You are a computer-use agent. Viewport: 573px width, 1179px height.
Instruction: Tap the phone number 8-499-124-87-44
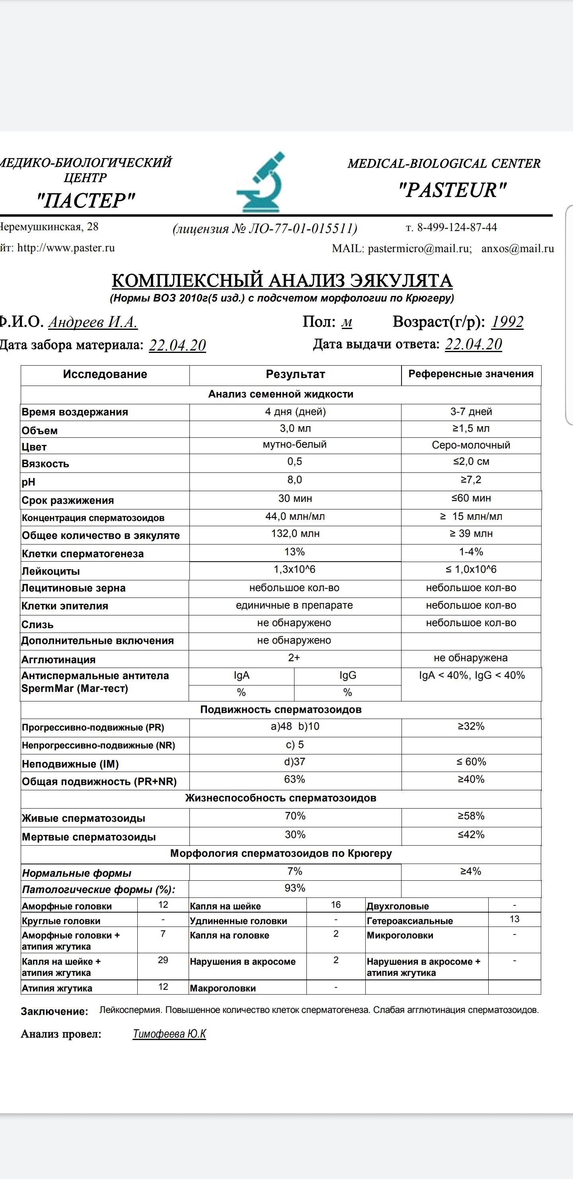[x=456, y=227]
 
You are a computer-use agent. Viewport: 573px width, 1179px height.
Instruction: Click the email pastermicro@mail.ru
[x=419, y=249]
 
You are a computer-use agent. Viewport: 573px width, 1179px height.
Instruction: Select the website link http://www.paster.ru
[x=66, y=248]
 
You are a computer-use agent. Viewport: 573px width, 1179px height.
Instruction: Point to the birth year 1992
[x=507, y=322]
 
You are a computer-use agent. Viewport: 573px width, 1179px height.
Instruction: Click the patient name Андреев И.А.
[x=93, y=322]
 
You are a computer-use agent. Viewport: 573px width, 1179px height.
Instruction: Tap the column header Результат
[x=295, y=374]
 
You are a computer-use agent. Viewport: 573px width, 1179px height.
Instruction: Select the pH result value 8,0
[x=294, y=480]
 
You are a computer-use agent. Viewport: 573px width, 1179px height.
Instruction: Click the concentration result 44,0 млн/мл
[x=295, y=516]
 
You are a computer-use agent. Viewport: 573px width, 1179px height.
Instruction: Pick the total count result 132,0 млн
[x=295, y=534]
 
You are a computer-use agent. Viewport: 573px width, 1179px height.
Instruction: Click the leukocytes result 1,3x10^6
[x=294, y=569]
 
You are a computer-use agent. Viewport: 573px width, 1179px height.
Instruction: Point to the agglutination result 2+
[x=294, y=658]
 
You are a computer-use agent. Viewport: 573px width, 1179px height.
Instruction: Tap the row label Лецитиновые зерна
[x=73, y=588]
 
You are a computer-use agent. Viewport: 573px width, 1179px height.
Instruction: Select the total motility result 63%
[x=294, y=779]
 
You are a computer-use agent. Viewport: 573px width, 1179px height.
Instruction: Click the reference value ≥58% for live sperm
[x=471, y=816]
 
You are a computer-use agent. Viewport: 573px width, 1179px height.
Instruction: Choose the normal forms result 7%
[x=294, y=871]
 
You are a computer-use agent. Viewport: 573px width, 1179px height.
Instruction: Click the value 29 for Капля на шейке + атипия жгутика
[x=163, y=960]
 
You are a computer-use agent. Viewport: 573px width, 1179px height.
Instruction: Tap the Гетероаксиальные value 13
[x=515, y=919]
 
